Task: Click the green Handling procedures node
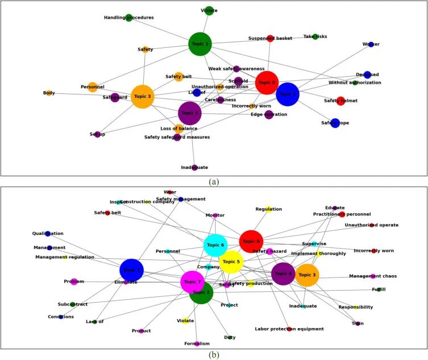(129, 18)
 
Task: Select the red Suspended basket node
(271, 38)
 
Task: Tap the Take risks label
(315, 36)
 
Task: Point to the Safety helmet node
(340, 101)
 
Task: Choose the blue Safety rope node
(335, 123)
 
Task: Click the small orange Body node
(49, 93)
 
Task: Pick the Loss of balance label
(178, 129)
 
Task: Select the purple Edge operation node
(269, 115)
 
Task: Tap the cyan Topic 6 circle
(215, 245)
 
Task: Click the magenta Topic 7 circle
(192, 282)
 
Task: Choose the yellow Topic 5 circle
(231, 262)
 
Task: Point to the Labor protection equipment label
(289, 329)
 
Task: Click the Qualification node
(48, 234)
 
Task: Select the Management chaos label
(372, 276)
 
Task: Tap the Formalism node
(197, 344)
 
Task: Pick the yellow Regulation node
(269, 209)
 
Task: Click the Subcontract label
(73, 304)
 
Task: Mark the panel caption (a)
(214, 182)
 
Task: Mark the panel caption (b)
(214, 355)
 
